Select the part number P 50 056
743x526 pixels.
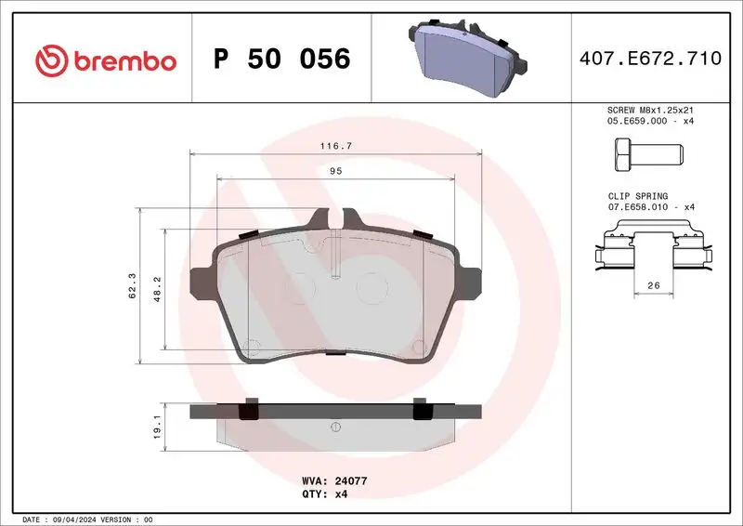pyautogui.click(x=281, y=60)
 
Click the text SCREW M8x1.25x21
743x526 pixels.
pyautogui.click(x=649, y=110)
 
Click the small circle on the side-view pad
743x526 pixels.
pyautogui.click(x=334, y=427)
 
